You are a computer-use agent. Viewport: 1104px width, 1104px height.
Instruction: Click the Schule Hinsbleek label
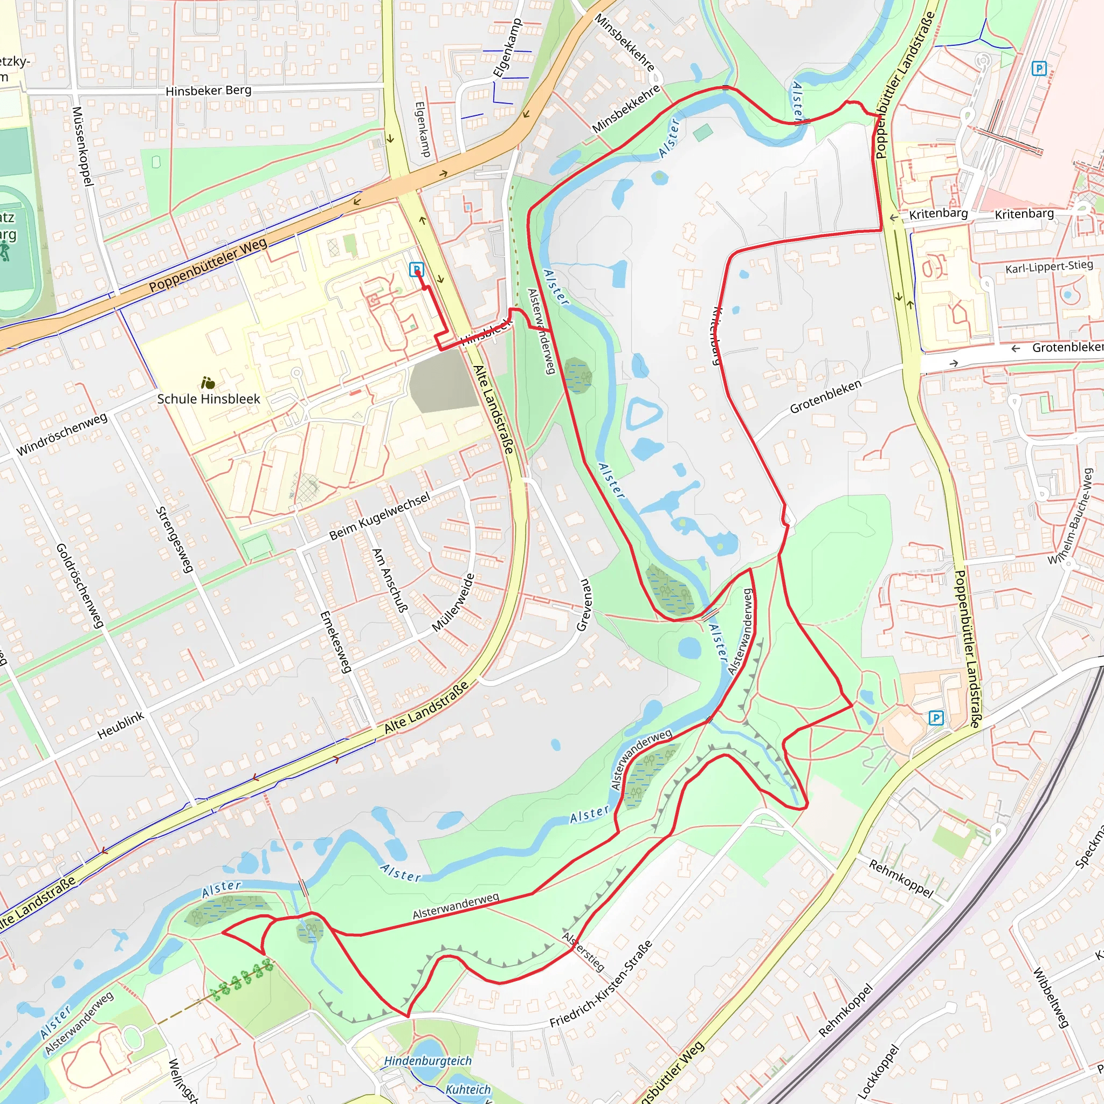(209, 399)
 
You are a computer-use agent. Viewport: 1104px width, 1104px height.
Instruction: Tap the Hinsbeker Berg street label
(208, 90)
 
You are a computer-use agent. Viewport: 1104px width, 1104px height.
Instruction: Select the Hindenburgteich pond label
(427, 1060)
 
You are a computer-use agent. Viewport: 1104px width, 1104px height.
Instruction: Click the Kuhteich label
(467, 1089)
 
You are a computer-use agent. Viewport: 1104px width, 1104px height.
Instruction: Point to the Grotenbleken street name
(825, 397)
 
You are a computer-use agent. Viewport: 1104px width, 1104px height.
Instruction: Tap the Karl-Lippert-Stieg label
(1048, 267)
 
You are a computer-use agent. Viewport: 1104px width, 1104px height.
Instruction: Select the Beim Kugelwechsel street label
(379, 516)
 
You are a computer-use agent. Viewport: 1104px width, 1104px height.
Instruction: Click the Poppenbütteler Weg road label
(208, 265)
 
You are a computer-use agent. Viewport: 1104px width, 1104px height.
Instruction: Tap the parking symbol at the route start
(417, 269)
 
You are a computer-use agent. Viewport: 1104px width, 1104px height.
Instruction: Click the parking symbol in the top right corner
(1039, 69)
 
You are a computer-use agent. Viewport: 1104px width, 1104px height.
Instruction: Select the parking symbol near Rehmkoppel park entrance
(936, 717)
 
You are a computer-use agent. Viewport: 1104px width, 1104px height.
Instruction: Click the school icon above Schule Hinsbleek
(208, 382)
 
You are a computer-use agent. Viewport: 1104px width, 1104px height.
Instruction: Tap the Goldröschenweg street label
(80, 586)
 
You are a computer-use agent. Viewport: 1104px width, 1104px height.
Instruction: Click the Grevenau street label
(584, 605)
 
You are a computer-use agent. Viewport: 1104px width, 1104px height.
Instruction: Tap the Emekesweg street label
(335, 641)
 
